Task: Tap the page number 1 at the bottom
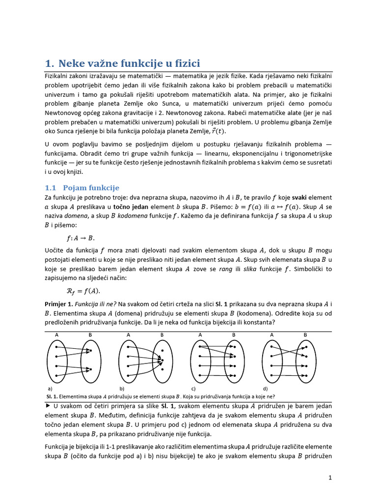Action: [330, 477]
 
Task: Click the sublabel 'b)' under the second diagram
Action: [121, 388]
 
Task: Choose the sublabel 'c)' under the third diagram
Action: [193, 388]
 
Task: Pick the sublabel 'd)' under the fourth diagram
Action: [265, 388]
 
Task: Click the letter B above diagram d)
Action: [305, 335]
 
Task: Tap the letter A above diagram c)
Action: [200, 335]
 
